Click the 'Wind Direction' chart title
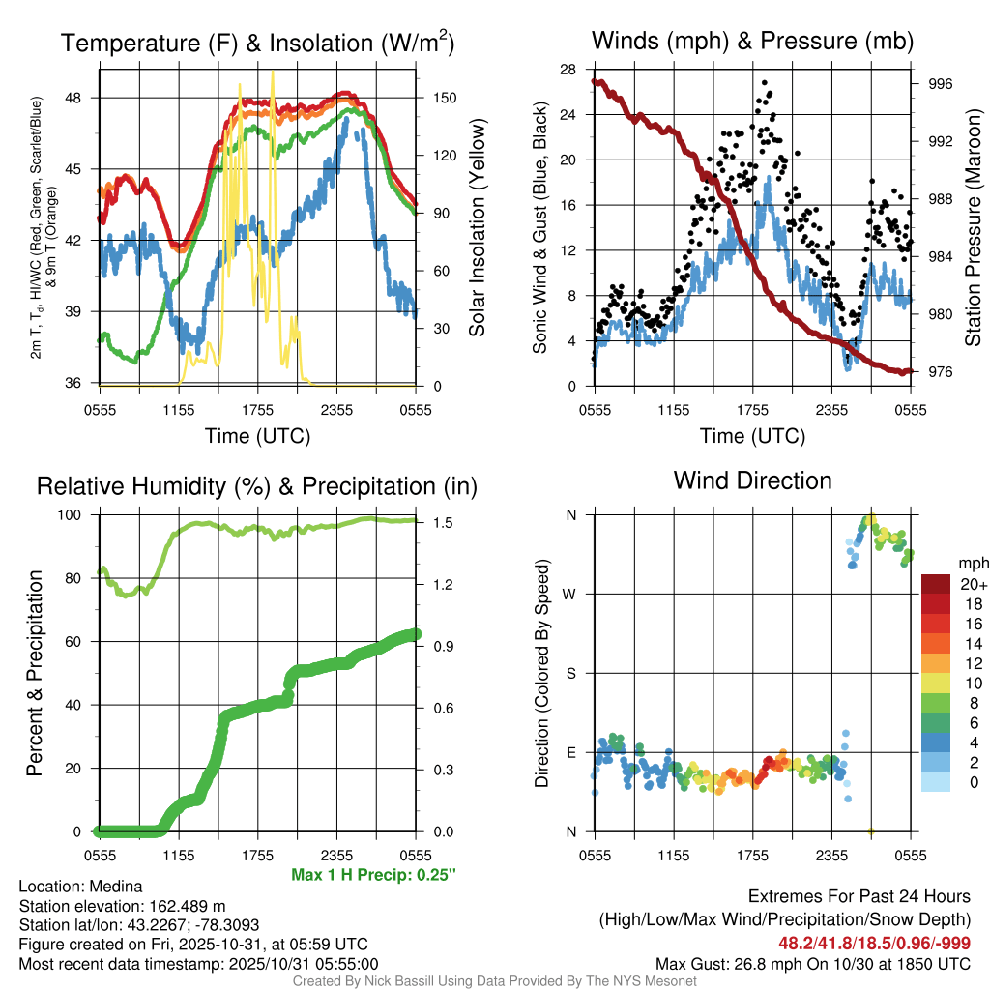(752, 480)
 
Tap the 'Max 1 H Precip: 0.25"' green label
(372, 875)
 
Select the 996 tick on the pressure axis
(940, 84)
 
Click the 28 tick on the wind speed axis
(568, 69)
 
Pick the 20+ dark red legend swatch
(938, 584)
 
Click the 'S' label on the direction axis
(570, 673)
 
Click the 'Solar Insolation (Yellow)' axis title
(476, 228)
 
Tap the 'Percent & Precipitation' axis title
(35, 673)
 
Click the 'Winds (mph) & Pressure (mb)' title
(752, 42)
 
